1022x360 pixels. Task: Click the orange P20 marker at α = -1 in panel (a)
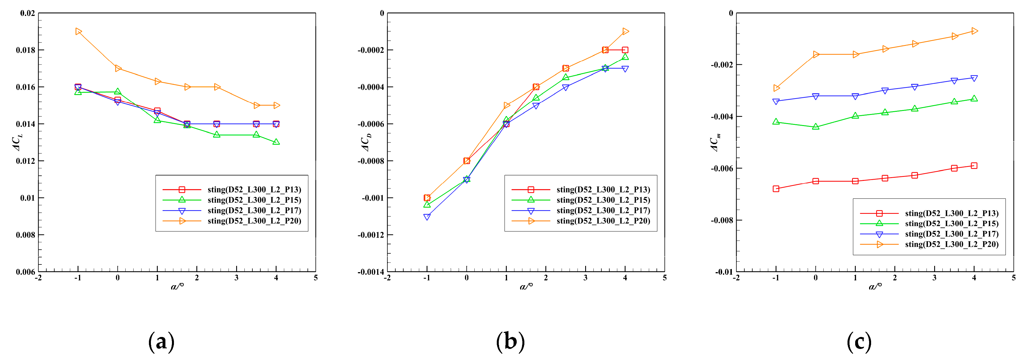point(78,31)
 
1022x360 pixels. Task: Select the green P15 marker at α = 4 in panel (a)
point(276,142)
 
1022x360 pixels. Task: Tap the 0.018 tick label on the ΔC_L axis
point(25,50)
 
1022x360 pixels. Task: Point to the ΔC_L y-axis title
point(17,143)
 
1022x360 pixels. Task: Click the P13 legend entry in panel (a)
point(254,190)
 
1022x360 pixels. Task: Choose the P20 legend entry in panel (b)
point(603,221)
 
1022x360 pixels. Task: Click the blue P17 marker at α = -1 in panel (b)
point(427,217)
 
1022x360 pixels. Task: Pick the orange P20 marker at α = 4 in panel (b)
point(625,31)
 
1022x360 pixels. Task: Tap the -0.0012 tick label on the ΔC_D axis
point(371,235)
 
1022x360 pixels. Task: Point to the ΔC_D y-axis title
point(366,143)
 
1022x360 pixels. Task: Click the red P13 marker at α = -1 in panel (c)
point(776,189)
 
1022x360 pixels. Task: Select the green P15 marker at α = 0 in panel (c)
point(816,127)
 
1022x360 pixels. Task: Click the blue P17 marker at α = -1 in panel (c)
point(776,102)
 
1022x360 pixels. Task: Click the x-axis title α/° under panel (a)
point(177,286)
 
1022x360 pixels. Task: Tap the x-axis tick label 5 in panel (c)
point(1013,278)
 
